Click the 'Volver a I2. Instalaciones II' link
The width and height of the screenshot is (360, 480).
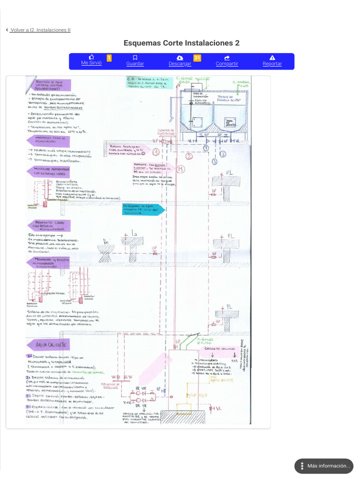40,30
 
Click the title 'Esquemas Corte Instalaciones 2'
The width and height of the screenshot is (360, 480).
181,43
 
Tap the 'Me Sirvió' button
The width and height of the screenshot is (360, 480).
91,60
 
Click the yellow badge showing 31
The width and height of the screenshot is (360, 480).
197,58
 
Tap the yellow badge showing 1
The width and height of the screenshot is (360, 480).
109,58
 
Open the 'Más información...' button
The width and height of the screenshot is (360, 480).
324,466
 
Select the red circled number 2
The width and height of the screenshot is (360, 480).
189,156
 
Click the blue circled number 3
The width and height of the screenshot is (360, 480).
223,154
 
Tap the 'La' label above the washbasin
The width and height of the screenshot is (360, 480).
134,232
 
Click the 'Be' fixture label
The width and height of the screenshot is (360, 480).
105,242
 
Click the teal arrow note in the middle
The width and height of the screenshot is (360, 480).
142,209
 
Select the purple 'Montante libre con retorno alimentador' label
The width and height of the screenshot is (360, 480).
49,226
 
